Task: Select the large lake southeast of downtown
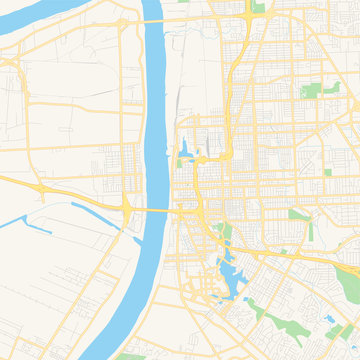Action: click(x=226, y=275)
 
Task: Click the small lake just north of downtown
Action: click(x=184, y=153)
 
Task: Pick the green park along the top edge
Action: click(x=259, y=7)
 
